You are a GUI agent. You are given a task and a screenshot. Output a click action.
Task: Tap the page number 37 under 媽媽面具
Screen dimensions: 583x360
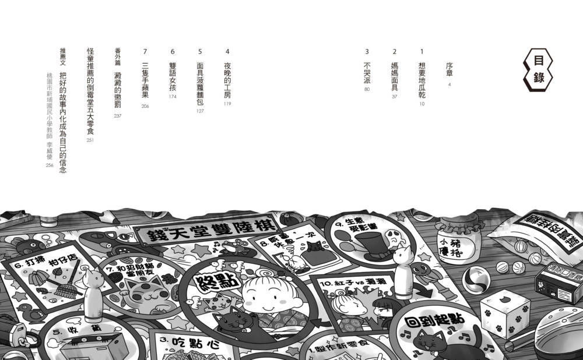[x=395, y=97]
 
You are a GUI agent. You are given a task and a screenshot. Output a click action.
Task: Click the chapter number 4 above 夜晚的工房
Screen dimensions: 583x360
[x=227, y=51]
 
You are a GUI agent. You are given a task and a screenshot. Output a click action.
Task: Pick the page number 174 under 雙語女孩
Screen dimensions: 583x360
[x=172, y=97]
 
